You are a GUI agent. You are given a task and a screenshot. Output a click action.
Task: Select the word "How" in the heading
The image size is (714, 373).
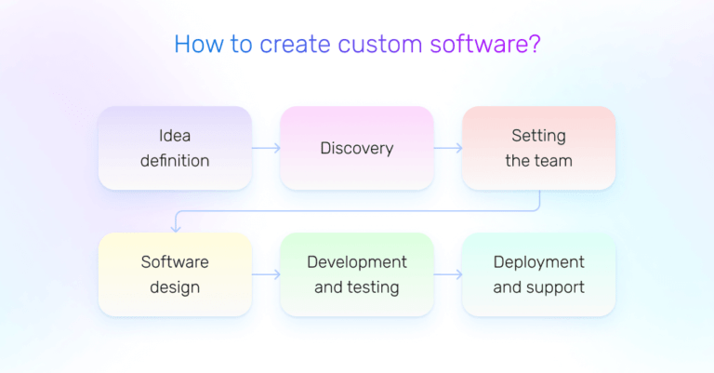pyautogui.click(x=194, y=45)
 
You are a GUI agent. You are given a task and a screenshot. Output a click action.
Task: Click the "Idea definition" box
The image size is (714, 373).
pyautogui.click(x=175, y=148)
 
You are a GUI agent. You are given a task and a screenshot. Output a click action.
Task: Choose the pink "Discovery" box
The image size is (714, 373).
pyautogui.click(x=357, y=148)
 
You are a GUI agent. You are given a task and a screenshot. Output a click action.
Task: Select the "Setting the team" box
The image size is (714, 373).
pyautogui.click(x=538, y=148)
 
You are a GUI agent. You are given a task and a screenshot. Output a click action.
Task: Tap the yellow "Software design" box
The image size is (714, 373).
pyautogui.click(x=175, y=274)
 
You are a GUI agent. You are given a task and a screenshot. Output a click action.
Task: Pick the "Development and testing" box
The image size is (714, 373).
pyautogui.click(x=357, y=274)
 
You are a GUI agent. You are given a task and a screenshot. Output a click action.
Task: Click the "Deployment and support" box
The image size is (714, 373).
pyautogui.click(x=538, y=274)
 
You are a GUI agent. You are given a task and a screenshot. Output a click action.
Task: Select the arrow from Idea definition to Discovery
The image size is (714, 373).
pyautogui.click(x=266, y=148)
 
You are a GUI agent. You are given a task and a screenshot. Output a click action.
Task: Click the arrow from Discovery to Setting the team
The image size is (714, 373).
pyautogui.click(x=448, y=148)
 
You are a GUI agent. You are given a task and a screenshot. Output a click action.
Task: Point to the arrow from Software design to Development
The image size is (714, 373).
pyautogui.click(x=266, y=274)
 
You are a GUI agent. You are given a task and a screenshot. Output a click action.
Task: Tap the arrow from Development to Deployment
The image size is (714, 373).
pyautogui.click(x=448, y=274)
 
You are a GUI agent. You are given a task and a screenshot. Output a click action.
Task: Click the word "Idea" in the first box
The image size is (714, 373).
pyautogui.click(x=175, y=136)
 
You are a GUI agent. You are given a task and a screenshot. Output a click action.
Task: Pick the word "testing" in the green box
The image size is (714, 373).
pyautogui.click(x=374, y=287)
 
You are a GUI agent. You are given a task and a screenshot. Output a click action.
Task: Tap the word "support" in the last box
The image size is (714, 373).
pyautogui.click(x=555, y=287)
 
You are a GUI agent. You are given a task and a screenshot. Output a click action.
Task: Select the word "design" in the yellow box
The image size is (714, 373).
pyautogui.click(x=175, y=287)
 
